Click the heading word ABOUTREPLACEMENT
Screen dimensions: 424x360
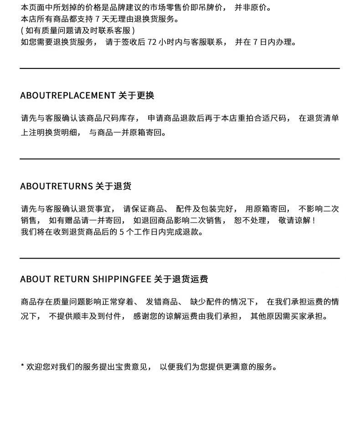pyautogui.click(x=67, y=95)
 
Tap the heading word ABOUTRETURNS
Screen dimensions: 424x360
pyautogui.click(x=56, y=186)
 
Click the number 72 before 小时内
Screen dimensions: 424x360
pyautogui.click(x=152, y=42)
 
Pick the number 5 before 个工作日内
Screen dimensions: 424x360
pyautogui.click(x=122, y=232)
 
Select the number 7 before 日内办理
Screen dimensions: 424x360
pyautogui.click(x=256, y=42)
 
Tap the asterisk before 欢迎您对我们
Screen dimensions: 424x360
pyautogui.click(x=22, y=366)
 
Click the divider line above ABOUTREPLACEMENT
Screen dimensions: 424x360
pyautogui.click(x=180, y=68)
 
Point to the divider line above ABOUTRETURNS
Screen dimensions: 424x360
pyautogui.click(x=180, y=159)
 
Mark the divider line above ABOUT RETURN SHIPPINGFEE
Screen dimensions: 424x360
pyautogui.click(x=180, y=258)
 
